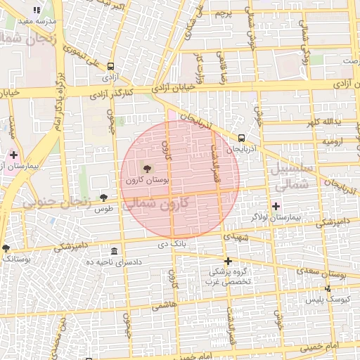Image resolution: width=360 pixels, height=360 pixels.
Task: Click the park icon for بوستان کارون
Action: coord(147,168)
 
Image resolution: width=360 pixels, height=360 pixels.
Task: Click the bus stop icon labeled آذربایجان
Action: coord(242,138)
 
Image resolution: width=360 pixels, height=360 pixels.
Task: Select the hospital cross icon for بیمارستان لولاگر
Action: coord(275,206)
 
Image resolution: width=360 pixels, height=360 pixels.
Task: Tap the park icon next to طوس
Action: coord(104,198)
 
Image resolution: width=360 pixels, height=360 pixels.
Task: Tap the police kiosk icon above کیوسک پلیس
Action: coord(327,288)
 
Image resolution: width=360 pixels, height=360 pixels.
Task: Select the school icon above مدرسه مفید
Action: coord(37,10)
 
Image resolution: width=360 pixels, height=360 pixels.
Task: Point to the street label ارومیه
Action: coord(333,141)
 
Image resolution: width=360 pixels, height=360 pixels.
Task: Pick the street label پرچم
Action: coord(221,13)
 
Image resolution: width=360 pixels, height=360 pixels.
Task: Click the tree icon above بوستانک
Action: coord(6,247)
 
